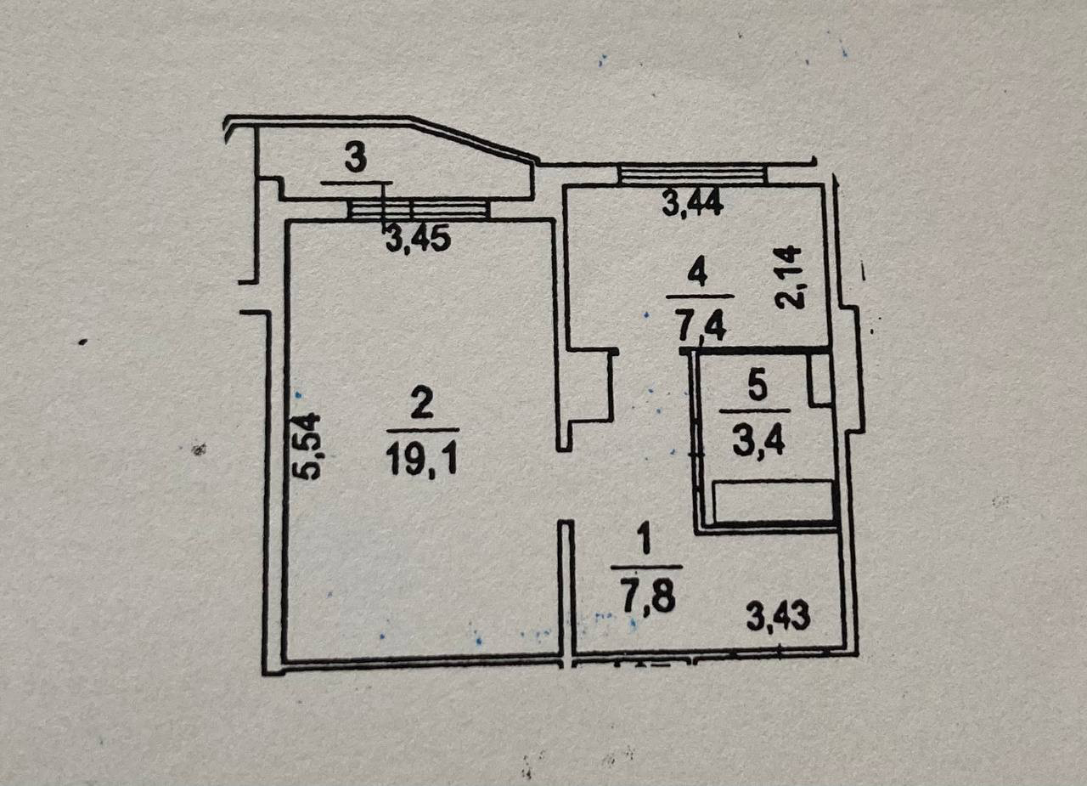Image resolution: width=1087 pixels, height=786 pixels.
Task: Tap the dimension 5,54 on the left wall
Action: point(310,446)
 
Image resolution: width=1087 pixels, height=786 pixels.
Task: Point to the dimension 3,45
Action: point(417,240)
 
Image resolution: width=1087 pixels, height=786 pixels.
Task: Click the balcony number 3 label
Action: point(357,160)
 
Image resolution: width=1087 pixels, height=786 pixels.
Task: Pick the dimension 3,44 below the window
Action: point(693,204)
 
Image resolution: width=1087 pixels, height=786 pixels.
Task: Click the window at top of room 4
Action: point(692,175)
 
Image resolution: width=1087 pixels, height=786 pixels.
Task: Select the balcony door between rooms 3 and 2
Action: point(419,209)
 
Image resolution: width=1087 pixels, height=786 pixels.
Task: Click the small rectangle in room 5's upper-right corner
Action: point(819,379)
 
